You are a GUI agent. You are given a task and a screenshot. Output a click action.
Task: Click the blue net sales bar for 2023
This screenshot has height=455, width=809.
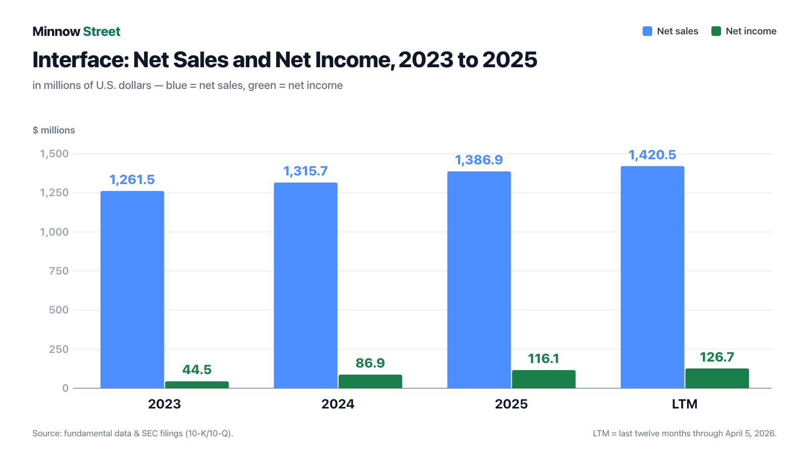(x=132, y=290)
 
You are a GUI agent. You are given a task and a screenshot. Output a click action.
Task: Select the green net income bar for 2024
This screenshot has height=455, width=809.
(x=370, y=381)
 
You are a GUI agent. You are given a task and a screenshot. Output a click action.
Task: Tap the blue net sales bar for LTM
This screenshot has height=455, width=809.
(x=652, y=277)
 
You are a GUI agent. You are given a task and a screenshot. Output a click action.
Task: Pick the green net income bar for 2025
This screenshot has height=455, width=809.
(x=544, y=379)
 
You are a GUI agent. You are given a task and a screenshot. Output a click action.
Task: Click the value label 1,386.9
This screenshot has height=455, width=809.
(x=479, y=160)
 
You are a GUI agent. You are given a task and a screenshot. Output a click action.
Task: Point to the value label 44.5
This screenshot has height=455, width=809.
(x=197, y=370)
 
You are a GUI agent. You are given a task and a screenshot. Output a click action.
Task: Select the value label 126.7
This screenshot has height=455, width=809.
(x=717, y=357)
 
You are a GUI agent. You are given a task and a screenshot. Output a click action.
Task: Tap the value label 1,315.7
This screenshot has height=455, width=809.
(x=305, y=171)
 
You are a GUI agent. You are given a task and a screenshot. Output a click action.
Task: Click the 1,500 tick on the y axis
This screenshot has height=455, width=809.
(x=54, y=154)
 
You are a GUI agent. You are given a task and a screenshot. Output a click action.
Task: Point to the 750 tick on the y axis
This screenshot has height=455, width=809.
(x=59, y=271)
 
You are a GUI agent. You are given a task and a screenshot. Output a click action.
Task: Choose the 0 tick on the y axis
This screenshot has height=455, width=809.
(x=65, y=388)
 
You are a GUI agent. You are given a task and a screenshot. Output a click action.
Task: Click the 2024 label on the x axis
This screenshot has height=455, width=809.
(x=338, y=404)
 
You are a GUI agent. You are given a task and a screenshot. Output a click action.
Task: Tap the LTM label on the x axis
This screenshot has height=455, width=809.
(x=685, y=404)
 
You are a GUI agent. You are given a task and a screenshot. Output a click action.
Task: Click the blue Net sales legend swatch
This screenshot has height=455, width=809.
(x=648, y=31)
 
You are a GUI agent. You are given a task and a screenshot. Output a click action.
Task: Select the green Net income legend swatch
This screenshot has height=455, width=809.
(x=716, y=31)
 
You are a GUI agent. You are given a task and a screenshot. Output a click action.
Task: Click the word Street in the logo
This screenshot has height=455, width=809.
(x=102, y=31)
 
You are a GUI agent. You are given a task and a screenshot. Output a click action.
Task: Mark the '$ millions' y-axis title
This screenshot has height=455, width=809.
(x=54, y=130)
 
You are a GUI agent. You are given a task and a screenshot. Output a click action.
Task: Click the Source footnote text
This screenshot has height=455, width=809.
(x=133, y=433)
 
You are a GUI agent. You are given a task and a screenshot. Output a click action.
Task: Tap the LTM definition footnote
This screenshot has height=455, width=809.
(x=685, y=433)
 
